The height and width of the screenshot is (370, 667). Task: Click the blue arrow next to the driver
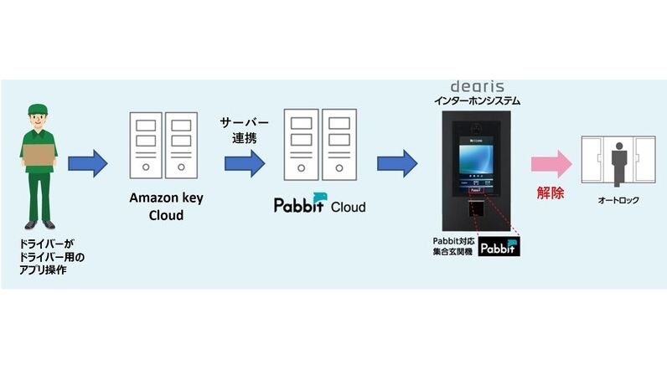click(x=88, y=162)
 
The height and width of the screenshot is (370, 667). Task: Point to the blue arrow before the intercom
click(x=397, y=162)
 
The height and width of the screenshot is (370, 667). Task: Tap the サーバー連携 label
click(x=239, y=129)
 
